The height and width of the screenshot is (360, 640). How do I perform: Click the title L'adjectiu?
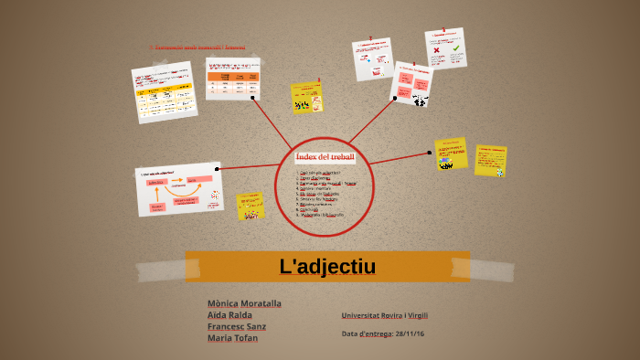pos(327,267)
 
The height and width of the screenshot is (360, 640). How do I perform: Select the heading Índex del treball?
pos(325,156)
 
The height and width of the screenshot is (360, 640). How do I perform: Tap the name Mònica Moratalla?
pos(244,302)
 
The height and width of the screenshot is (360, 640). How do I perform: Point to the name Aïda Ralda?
pos(229,314)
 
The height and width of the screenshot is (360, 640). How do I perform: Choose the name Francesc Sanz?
pos(237,326)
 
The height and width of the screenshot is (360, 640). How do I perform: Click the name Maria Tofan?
pos(232,338)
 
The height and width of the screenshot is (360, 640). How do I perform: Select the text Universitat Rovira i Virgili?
pos(384,315)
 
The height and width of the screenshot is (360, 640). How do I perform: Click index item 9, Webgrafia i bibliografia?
pos(322,215)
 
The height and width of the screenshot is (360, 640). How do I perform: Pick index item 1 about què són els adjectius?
pos(319,172)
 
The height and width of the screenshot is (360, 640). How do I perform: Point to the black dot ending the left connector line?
pos(217,168)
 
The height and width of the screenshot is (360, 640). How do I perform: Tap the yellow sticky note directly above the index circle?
pos(306,97)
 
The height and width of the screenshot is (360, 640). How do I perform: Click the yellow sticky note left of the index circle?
pos(250,206)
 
